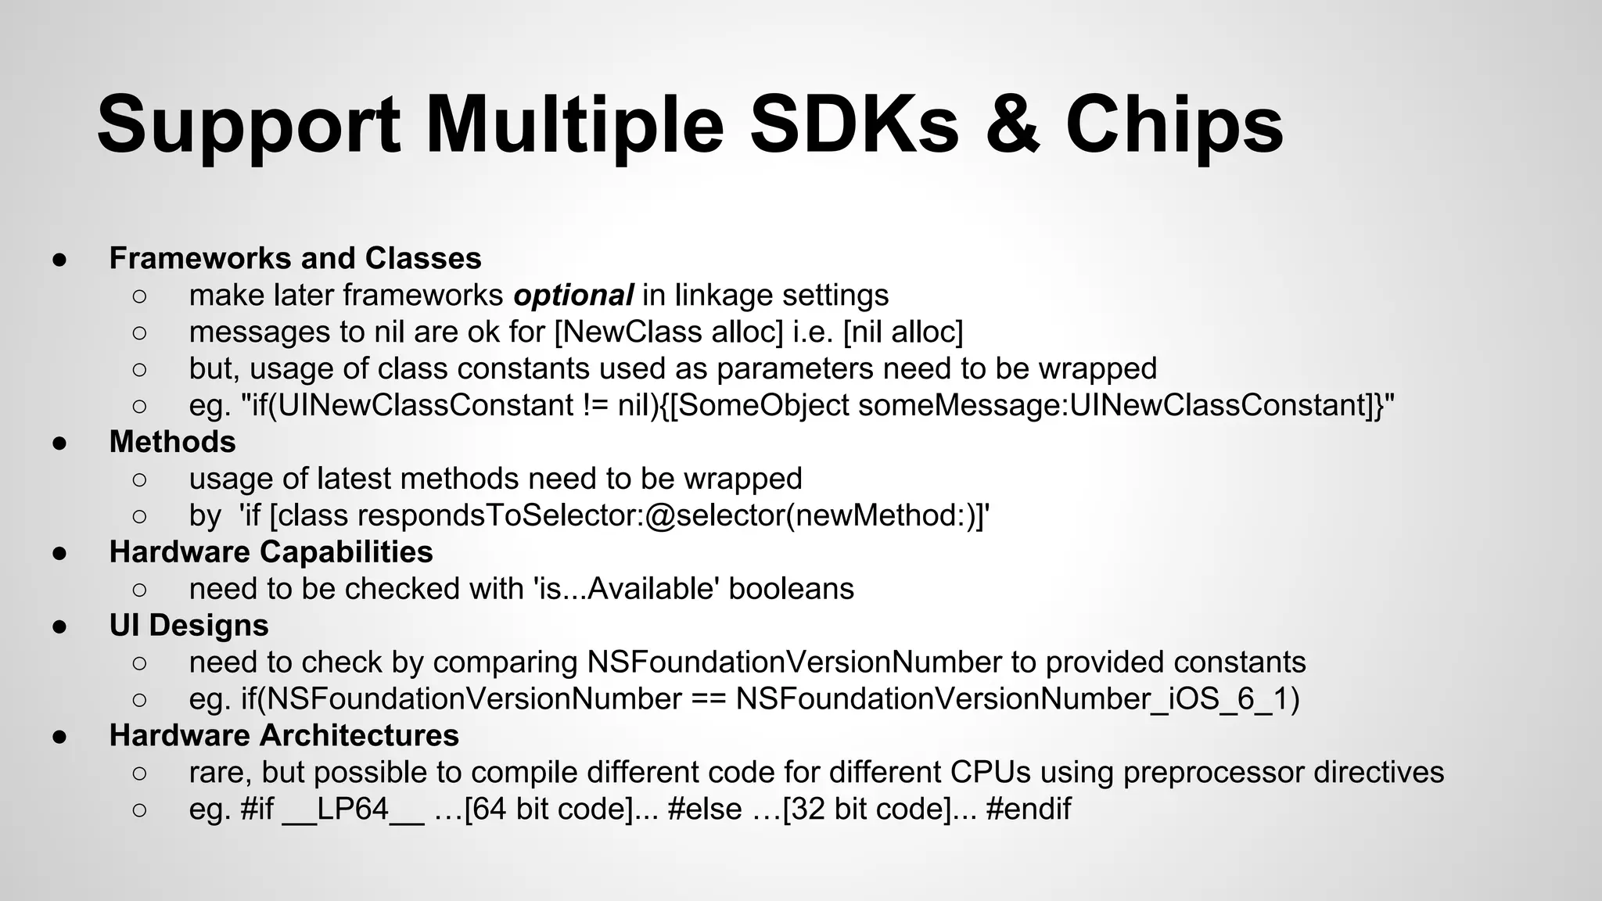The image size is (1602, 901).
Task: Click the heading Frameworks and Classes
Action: coord(295,258)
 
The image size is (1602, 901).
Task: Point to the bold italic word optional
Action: coord(573,296)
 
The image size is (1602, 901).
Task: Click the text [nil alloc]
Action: coord(903,332)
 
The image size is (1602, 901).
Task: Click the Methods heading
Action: coord(172,442)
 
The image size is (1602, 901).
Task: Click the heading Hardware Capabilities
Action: coord(271,552)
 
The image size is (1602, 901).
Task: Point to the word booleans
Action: coord(791,589)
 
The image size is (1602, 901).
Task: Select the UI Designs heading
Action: coord(189,626)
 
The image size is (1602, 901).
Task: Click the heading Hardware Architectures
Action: coord(284,736)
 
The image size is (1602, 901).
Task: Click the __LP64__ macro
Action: coord(353,809)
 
